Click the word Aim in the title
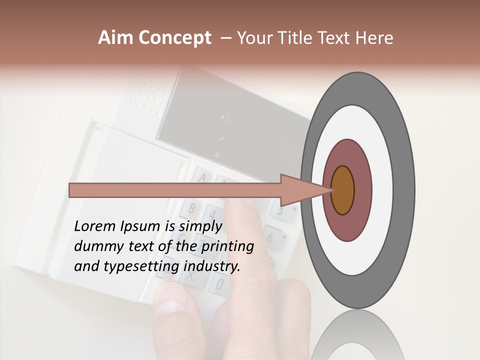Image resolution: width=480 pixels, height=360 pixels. click(x=115, y=38)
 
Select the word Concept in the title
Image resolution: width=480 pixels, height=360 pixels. click(x=174, y=38)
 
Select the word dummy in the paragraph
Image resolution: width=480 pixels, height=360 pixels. click(x=96, y=246)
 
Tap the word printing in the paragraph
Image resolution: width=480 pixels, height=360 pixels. click(x=227, y=246)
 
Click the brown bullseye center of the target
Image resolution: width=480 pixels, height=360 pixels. click(x=343, y=190)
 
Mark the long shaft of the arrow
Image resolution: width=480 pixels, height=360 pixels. click(x=175, y=190)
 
